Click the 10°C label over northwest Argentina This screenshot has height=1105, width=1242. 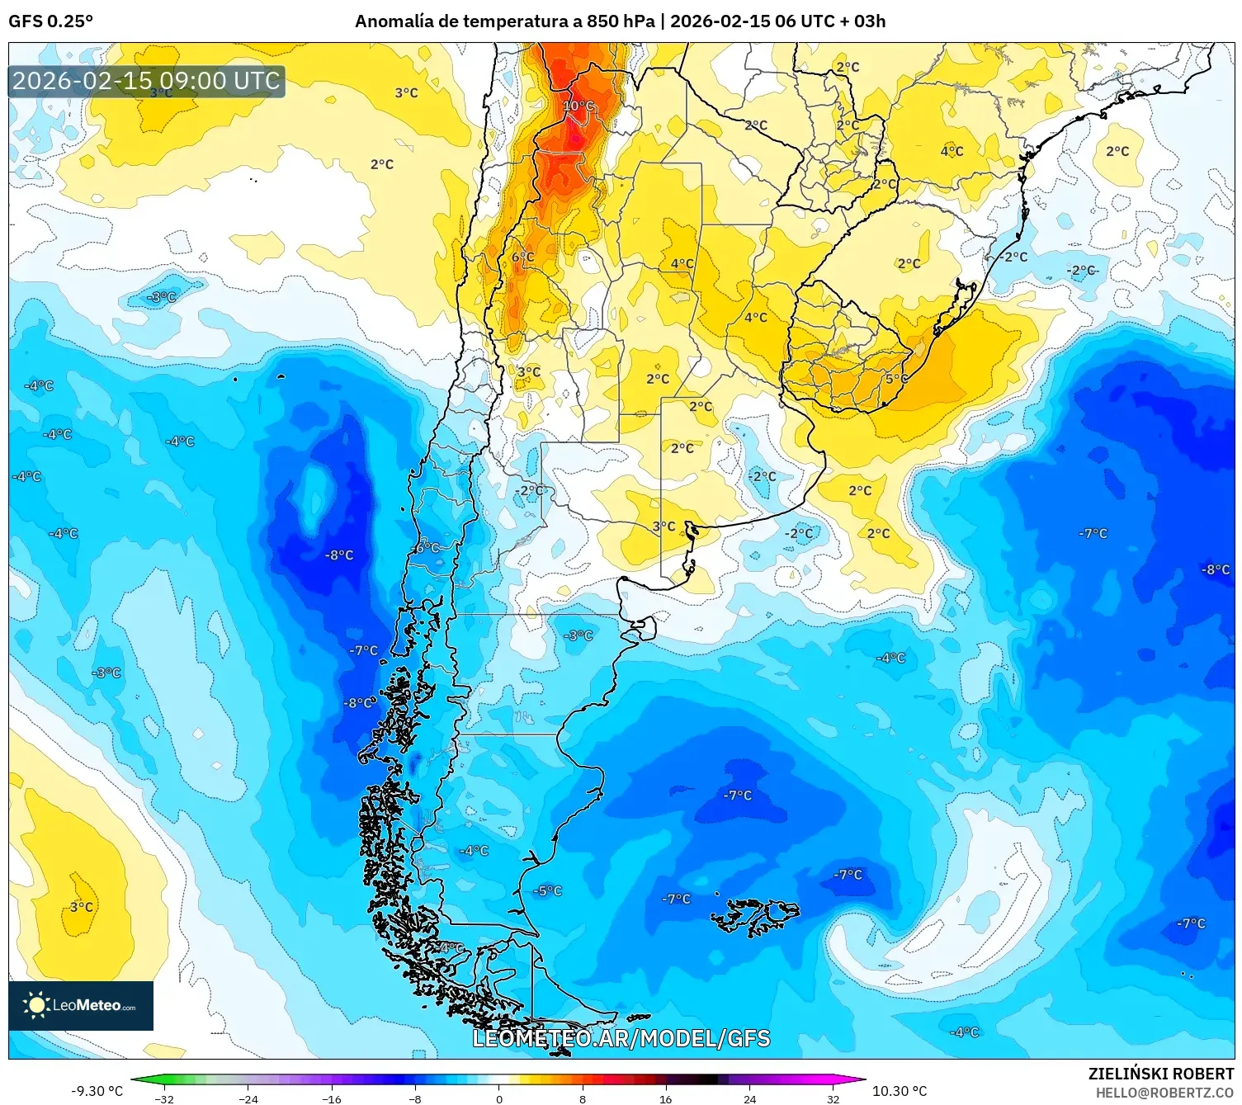point(578,106)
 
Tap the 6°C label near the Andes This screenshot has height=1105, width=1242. point(522,257)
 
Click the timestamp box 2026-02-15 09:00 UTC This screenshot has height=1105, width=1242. point(146,81)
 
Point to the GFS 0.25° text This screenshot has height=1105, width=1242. point(50,21)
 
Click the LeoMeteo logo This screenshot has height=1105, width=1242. point(81,1005)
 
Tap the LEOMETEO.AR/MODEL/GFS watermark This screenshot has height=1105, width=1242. point(621,1038)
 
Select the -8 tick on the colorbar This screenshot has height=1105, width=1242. point(415,1098)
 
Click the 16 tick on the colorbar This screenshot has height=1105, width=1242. point(665,1098)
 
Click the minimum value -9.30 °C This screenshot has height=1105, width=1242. point(97,1091)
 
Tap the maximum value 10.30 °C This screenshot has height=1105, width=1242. point(900,1091)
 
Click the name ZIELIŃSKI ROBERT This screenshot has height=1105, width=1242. point(1160,1074)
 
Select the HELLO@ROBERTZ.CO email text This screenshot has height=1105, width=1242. point(1164,1093)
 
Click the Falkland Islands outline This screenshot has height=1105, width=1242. point(755,916)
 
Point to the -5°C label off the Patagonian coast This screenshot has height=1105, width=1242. point(547,890)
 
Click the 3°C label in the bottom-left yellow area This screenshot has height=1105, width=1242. point(81,907)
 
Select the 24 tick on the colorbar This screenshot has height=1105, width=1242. point(749,1098)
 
